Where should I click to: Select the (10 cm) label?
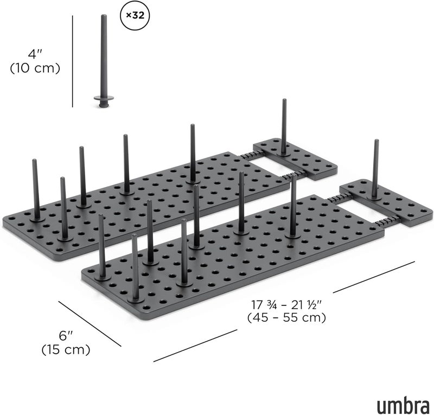pyautogui.click(x=35, y=68)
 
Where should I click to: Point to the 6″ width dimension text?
pyautogui.click(x=66, y=336)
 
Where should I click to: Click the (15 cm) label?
pyautogui.click(x=66, y=350)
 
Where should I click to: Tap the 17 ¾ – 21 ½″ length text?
pyautogui.click(x=286, y=304)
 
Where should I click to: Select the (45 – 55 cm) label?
pyautogui.click(x=286, y=317)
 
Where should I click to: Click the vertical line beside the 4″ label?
pyautogui.click(x=73, y=61)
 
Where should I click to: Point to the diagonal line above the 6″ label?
pyautogui.click(x=90, y=324)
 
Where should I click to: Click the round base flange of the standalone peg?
pyautogui.click(x=104, y=98)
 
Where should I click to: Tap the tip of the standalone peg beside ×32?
pyautogui.click(x=104, y=16)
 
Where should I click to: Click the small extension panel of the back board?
pyautogui.click(x=295, y=159)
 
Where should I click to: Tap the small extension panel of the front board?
pyautogui.click(x=386, y=203)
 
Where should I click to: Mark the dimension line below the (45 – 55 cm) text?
pyautogui.click(x=195, y=346)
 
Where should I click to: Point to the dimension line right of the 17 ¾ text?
pyautogui.click(x=374, y=277)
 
